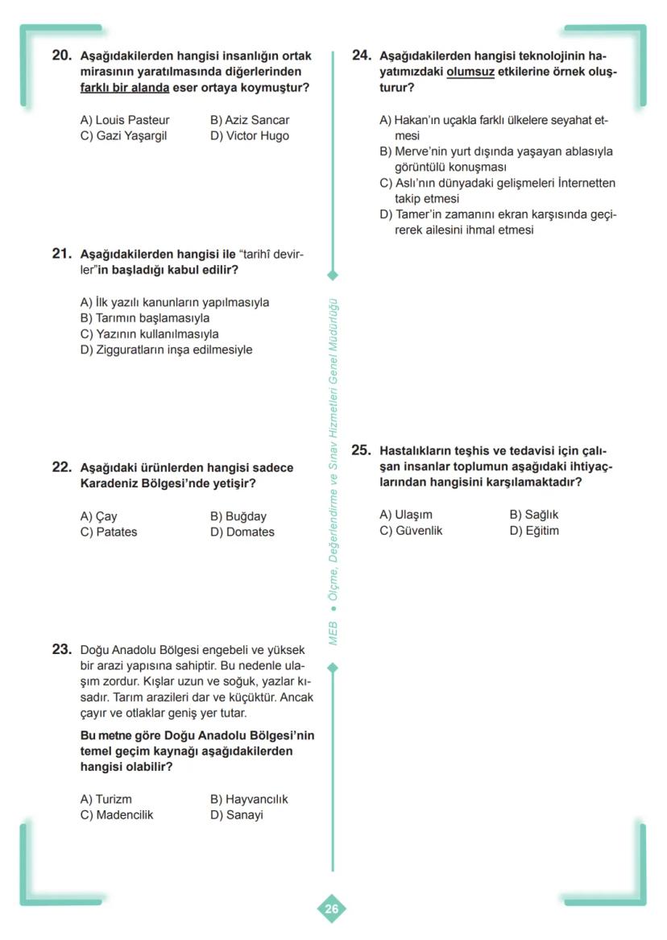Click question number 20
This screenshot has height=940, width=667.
(x=61, y=56)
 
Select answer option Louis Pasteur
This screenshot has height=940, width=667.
(x=125, y=120)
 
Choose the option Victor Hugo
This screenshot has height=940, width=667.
(x=249, y=135)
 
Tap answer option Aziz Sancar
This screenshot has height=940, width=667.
(x=249, y=120)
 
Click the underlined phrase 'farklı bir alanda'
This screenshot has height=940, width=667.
(x=125, y=87)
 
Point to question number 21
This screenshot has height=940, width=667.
(x=61, y=254)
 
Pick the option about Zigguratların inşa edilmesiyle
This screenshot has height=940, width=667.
(x=166, y=350)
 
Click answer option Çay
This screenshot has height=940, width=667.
(x=98, y=516)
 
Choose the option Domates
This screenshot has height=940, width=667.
(x=242, y=532)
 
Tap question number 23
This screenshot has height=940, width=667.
(x=61, y=649)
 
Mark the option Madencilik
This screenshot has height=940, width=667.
(x=117, y=814)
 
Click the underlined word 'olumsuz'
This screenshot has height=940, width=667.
(x=470, y=72)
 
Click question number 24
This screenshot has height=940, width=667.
(x=361, y=56)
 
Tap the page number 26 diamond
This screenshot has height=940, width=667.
(x=332, y=909)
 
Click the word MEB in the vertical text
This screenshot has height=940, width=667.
(x=333, y=632)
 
